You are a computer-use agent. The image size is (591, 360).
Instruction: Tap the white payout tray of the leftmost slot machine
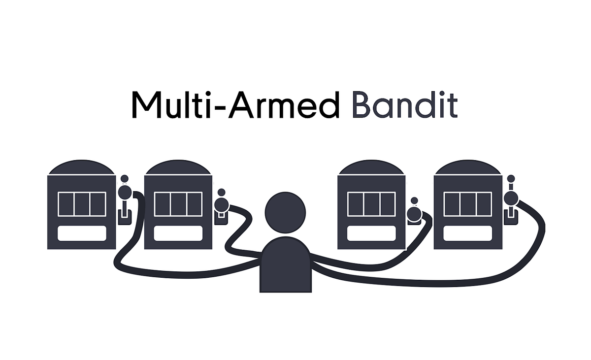(x=82, y=233)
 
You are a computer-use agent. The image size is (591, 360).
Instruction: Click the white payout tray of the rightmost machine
(x=467, y=233)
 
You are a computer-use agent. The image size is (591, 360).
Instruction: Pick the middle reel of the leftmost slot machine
(x=82, y=204)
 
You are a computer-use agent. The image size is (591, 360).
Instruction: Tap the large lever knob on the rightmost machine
(x=511, y=198)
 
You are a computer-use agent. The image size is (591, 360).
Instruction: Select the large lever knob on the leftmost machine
(x=125, y=192)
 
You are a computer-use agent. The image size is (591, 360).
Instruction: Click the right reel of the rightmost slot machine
(x=483, y=204)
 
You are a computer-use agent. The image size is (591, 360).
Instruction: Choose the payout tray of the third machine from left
(x=371, y=233)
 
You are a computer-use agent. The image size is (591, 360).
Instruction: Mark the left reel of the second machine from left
(x=163, y=204)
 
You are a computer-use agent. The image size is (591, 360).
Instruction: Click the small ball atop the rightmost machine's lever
(x=511, y=178)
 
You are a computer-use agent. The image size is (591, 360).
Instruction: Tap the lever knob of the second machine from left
(x=222, y=203)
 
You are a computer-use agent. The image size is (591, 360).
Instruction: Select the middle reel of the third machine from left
(x=371, y=204)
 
